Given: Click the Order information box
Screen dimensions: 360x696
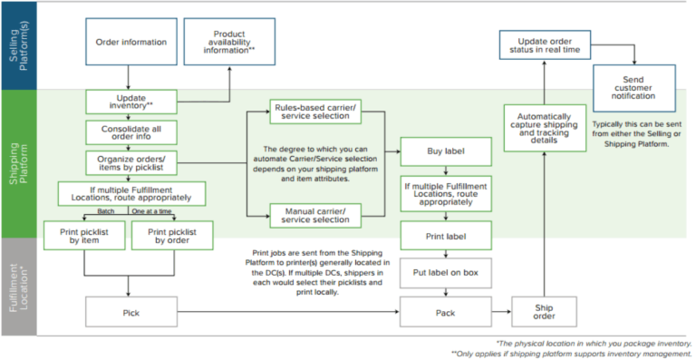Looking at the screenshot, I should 131,42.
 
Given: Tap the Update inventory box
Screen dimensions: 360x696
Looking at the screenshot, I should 131,101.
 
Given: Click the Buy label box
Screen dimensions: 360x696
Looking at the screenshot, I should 445,151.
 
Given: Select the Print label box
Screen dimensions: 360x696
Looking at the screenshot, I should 445,237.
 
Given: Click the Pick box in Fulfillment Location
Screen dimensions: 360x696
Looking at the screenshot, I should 131,315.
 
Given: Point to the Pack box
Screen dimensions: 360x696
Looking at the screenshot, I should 445,315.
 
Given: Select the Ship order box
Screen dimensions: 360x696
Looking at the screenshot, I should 545,311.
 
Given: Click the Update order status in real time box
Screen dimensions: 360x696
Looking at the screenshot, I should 545,44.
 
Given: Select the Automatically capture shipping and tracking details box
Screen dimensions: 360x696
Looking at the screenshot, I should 545,129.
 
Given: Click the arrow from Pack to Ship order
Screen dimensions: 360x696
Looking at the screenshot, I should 499,314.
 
